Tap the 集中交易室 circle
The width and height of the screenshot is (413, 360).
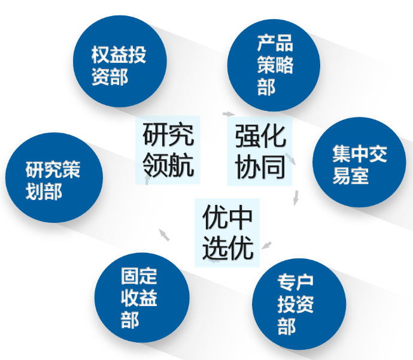point(360,162)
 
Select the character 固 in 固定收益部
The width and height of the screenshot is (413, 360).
point(130,276)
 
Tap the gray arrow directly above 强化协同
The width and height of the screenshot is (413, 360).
point(228,113)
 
